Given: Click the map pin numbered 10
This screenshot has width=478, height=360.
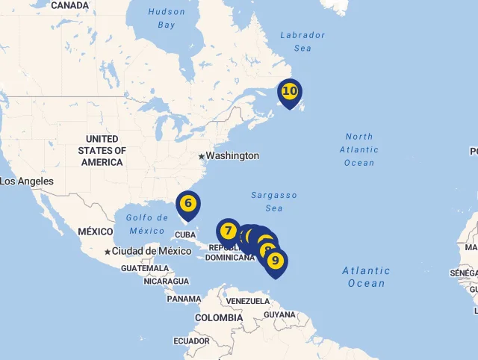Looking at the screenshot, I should click(290, 92).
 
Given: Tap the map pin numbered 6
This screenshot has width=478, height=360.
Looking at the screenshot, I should click(188, 203).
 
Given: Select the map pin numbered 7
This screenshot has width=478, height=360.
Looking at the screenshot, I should click(229, 231).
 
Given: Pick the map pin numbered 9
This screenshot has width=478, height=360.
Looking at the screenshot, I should click(276, 261).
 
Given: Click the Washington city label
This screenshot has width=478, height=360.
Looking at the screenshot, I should click(232, 156).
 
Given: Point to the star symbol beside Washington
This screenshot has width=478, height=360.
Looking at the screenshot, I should click(201, 156).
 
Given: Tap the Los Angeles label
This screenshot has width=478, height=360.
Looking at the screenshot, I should click(27, 181).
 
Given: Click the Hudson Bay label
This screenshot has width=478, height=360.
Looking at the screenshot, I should click(167, 19).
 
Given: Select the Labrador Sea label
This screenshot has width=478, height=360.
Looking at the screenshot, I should click(302, 41).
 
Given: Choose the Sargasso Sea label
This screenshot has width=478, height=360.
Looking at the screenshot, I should click(274, 202).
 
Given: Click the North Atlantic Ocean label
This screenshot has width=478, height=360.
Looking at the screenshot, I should click(359, 149).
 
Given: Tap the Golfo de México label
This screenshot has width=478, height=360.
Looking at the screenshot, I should click(146, 224).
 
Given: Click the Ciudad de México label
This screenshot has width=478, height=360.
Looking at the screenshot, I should click(152, 251).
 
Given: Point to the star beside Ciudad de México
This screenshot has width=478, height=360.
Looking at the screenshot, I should click(108, 252).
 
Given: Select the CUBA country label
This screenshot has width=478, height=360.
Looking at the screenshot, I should click(184, 235).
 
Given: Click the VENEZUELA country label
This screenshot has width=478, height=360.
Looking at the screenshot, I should click(247, 301).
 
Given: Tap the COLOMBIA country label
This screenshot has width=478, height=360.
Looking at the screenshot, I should click(219, 317).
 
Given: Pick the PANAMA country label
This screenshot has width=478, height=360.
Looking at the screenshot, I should click(184, 299).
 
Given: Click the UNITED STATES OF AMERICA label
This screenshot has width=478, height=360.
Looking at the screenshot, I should click(102, 151).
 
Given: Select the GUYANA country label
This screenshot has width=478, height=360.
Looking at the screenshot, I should click(279, 314).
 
